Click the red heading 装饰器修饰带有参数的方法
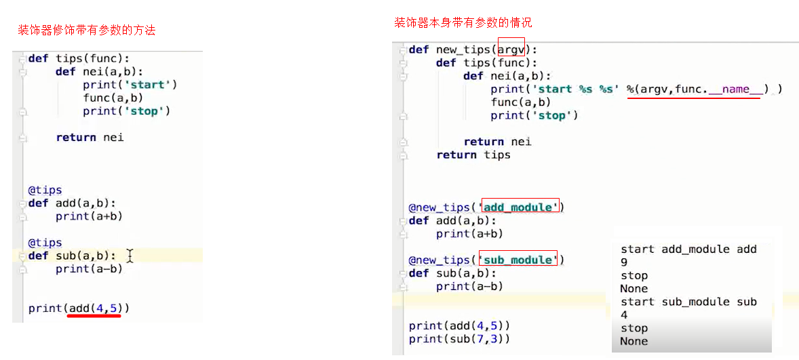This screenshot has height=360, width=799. click(86, 31)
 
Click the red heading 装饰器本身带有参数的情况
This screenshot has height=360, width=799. click(464, 22)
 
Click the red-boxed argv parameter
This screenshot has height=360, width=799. click(511, 49)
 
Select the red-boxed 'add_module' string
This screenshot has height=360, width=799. click(520, 207)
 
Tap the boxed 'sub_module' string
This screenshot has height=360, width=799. click(518, 260)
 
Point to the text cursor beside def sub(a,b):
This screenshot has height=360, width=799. click(130, 256)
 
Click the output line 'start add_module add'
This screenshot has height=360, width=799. click(688, 249)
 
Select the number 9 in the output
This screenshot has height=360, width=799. click(624, 262)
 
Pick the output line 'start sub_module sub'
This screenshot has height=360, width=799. click(688, 302)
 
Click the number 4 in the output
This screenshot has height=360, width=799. click(624, 315)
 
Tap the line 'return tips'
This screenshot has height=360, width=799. click(473, 155)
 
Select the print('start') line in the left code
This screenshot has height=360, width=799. click(130, 85)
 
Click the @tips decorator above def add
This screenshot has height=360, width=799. click(45, 191)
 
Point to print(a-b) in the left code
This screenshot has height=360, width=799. click(89, 269)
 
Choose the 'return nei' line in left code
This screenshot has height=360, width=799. click(89, 138)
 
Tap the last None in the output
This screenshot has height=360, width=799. click(634, 341)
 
